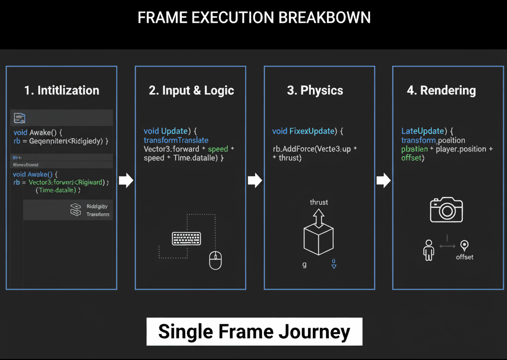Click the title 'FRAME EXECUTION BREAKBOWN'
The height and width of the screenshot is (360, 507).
pos(254,18)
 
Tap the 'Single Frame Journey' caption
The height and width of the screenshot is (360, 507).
pos(254,331)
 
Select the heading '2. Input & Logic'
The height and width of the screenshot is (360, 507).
pos(191,90)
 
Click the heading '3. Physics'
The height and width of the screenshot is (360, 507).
pos(315,90)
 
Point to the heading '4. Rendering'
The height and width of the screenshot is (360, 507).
pos(441,90)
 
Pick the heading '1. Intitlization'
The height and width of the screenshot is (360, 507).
pos(62,90)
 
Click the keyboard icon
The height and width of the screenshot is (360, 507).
pos(186,238)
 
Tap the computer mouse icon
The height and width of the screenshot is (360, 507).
pos(215,260)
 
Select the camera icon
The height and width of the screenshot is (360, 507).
pos(446,210)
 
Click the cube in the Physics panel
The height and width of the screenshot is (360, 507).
pos(318,239)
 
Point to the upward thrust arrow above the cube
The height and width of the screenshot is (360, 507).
pos(318,217)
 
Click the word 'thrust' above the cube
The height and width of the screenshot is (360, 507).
pos(319,202)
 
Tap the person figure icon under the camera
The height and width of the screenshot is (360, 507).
pos(429,250)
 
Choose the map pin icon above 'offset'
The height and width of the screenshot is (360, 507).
pos(464,245)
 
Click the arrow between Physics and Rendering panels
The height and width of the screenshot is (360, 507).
pos(383,180)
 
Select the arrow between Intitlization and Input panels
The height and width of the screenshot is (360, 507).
pos(126,180)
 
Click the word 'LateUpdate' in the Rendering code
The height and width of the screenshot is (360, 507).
pos(422,131)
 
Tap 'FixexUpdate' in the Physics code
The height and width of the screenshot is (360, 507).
pos(312,131)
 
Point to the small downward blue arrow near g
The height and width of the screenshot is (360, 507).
pos(334,264)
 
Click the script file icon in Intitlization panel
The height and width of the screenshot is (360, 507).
pos(19,118)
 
